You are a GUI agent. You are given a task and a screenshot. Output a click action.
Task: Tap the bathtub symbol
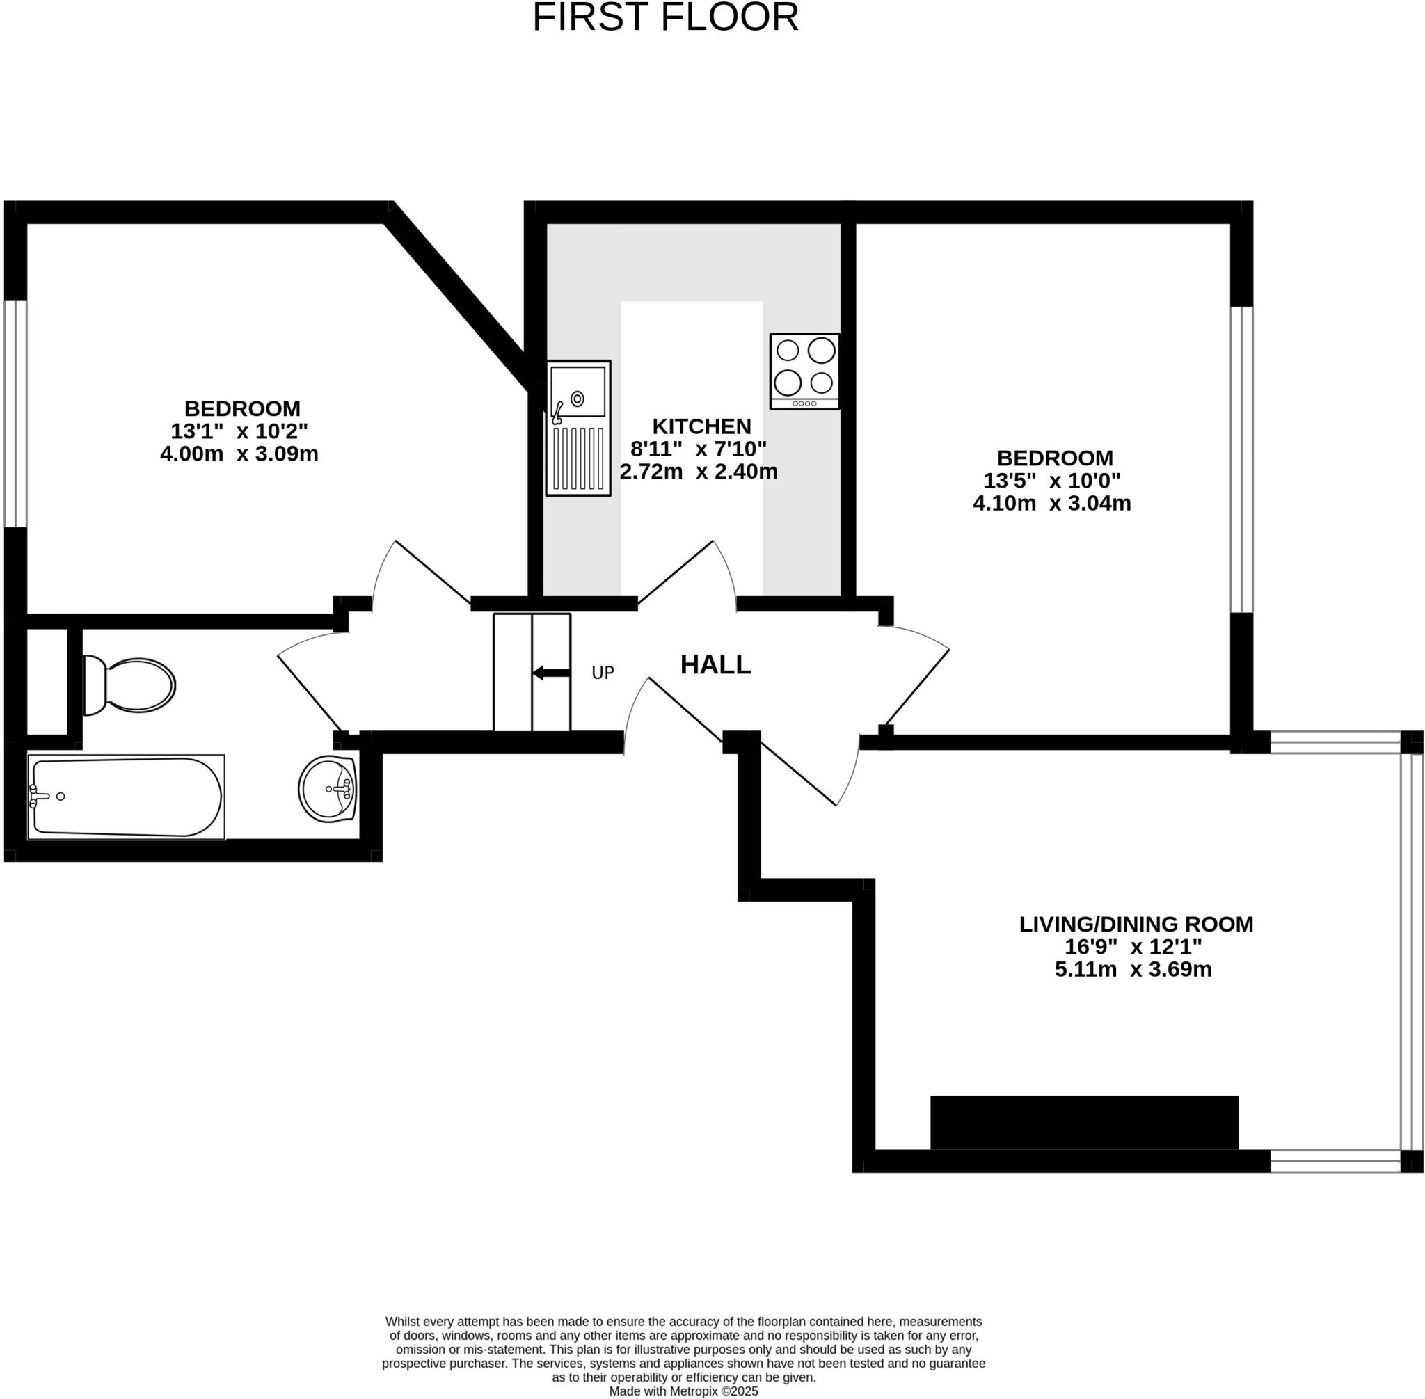127,797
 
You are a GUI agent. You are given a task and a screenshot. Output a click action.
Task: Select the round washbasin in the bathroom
328,788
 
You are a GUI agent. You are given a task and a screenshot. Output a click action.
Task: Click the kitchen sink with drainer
578,428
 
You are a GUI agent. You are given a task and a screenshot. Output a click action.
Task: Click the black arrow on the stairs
550,672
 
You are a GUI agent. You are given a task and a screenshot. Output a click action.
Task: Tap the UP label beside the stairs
603,672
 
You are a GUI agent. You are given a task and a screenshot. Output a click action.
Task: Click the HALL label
715,664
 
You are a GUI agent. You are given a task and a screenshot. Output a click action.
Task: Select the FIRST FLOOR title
665,17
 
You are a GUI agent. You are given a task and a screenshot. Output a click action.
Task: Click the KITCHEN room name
701,426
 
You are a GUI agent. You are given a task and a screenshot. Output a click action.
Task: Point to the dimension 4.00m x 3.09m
239,454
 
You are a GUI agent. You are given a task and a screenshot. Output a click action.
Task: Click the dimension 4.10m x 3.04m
1051,503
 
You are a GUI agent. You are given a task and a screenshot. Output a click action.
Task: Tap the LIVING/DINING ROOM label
1136,924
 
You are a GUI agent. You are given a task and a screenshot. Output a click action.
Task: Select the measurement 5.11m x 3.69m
1133,969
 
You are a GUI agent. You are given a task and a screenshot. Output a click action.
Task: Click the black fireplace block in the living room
1084,1122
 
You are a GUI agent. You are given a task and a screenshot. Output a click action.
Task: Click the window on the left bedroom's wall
15,413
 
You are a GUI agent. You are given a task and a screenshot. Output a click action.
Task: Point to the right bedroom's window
1241,459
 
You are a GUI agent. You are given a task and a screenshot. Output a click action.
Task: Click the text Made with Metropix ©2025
683,1391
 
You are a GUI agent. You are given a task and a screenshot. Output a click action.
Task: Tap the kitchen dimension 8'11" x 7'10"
698,448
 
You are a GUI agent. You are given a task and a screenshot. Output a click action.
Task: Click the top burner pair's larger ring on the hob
821,350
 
